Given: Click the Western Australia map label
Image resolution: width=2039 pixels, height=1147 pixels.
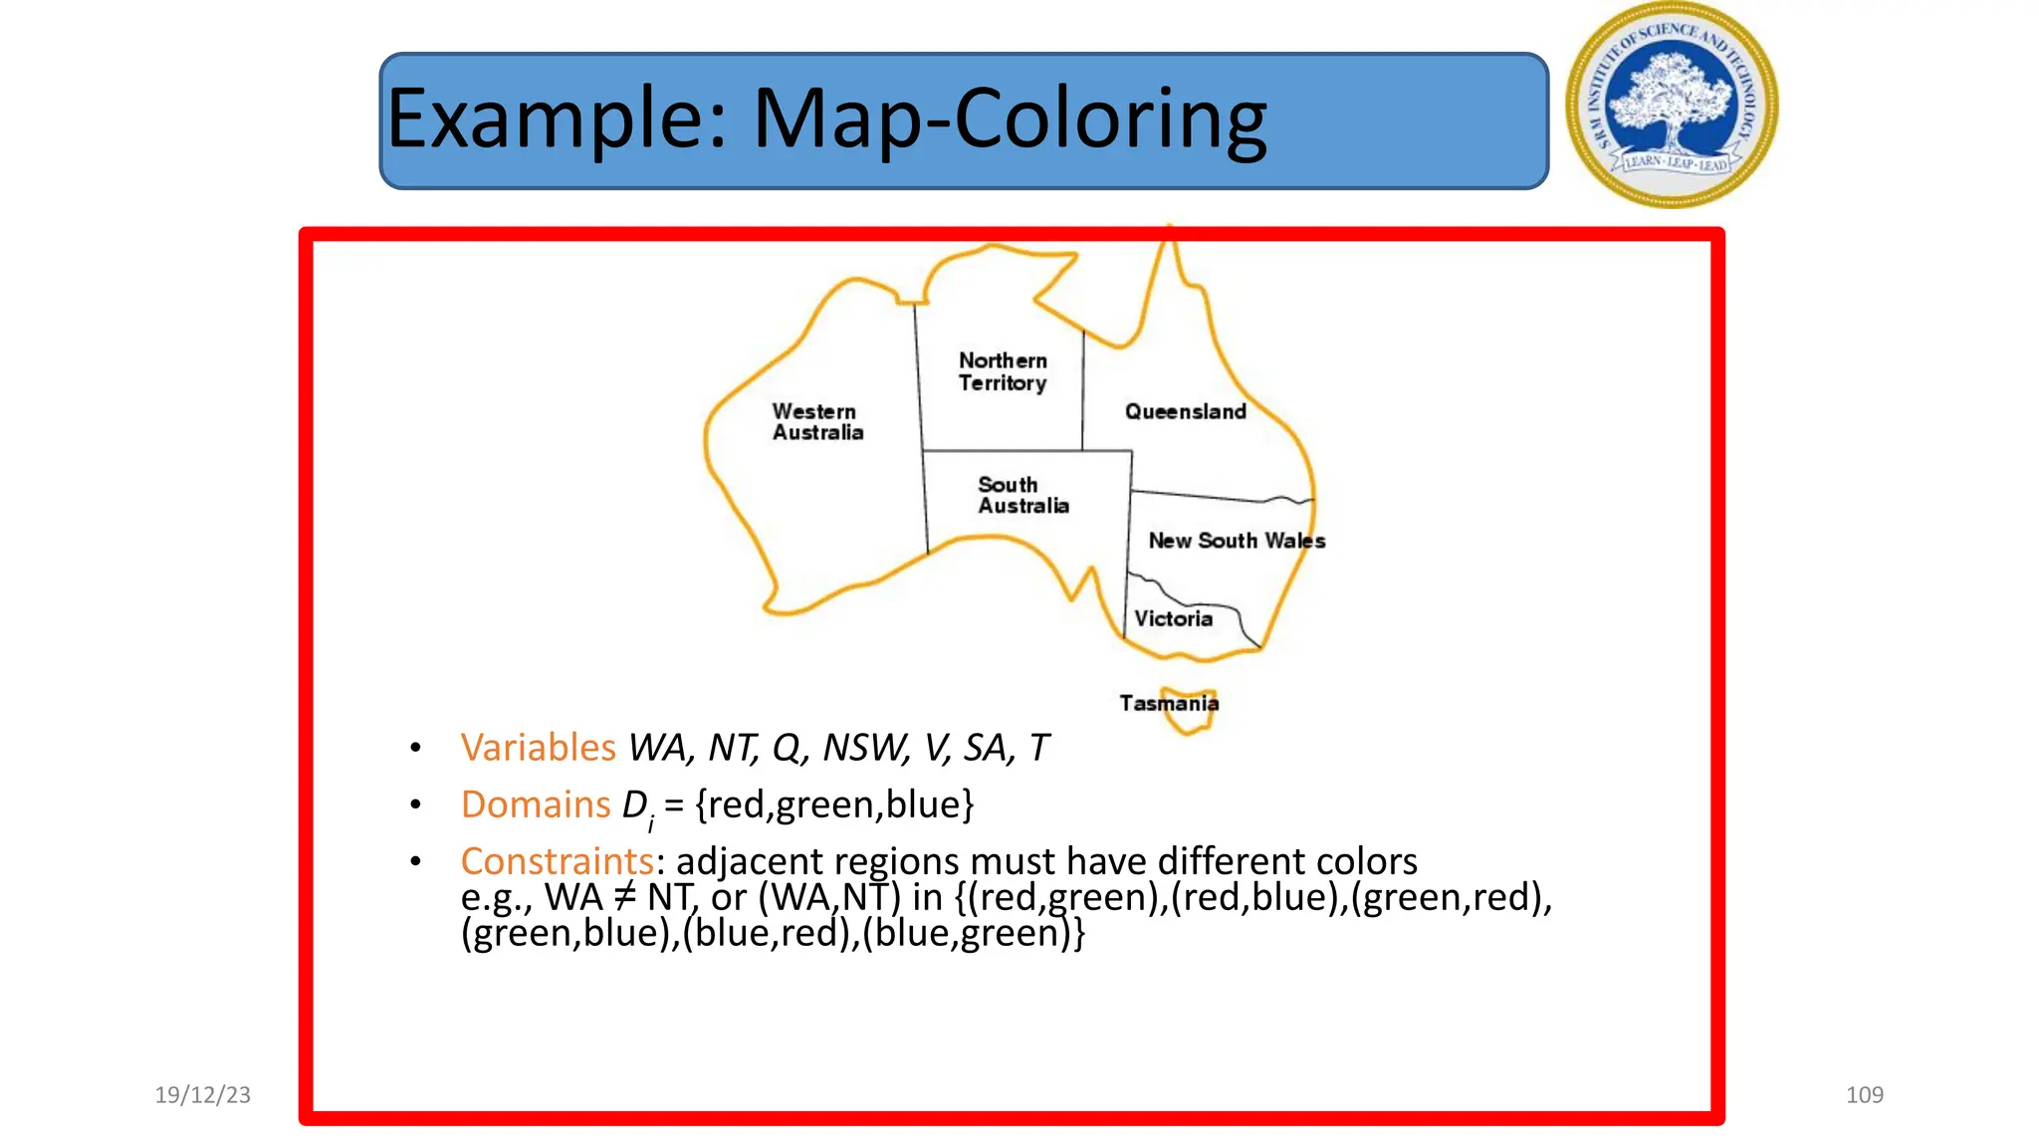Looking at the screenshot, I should point(817,422).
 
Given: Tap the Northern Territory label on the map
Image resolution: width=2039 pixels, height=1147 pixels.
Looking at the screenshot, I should point(1003,371).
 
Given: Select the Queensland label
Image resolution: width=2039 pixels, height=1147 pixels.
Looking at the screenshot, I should point(1185,411).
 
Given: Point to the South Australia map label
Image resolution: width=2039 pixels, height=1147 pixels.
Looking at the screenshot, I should point(1022,495).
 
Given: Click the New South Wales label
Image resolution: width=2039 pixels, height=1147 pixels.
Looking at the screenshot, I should point(1237,541).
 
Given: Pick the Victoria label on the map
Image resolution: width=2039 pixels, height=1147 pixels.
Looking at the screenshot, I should point(1173,618).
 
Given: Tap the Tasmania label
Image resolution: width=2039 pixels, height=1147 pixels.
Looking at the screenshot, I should point(1168,703).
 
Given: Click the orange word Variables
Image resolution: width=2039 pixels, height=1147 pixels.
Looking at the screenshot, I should point(538,748).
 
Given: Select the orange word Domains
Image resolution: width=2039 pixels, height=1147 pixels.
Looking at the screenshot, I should point(535,804).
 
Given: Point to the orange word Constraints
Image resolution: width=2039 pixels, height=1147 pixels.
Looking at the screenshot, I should point(557,861).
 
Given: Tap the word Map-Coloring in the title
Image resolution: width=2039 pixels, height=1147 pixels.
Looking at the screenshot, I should point(1009,119).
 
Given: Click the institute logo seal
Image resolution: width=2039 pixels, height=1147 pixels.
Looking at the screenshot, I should point(1672,106).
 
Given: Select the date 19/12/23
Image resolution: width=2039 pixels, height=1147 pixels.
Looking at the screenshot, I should point(203,1095).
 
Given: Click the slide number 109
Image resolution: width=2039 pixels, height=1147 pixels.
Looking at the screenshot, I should point(1864,1095).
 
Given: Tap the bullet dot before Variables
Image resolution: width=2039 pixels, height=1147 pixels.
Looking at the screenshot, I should point(415,748).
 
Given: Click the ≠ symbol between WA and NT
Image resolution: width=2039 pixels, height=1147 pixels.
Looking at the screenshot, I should point(623,897).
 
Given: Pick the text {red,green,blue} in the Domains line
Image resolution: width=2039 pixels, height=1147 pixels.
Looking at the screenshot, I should point(834,804).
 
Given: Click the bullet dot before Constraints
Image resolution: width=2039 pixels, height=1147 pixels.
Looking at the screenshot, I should point(415,861).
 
